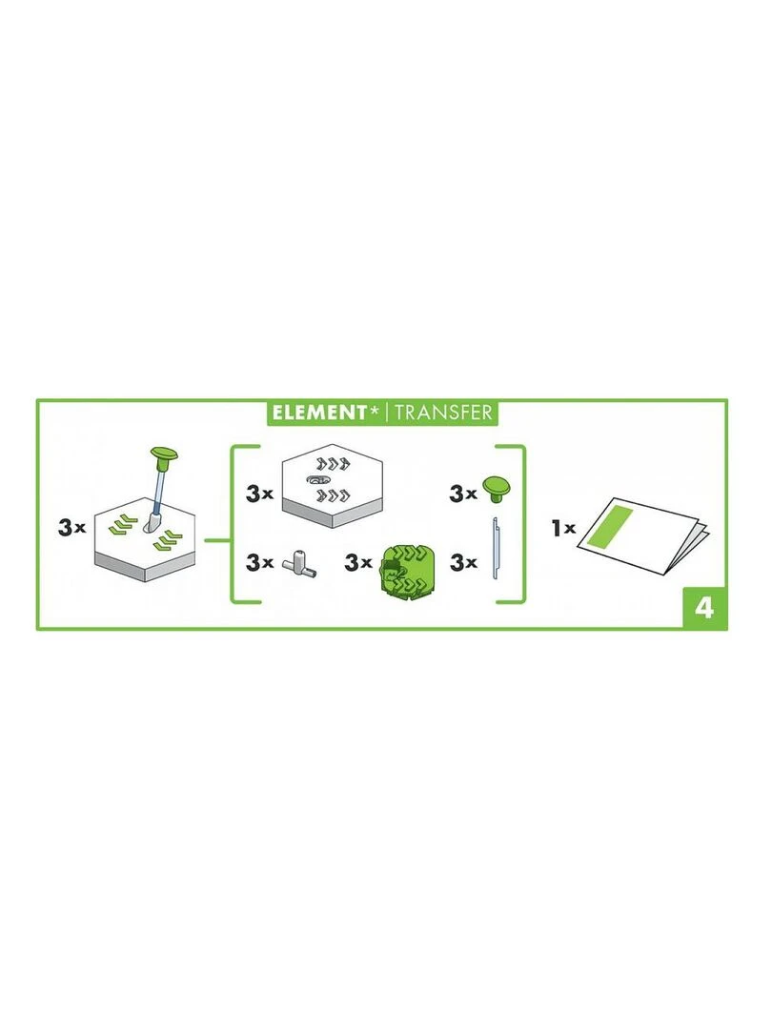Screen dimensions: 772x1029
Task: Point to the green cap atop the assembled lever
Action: click(164, 454)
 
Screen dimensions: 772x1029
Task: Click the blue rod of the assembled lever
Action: click(159, 490)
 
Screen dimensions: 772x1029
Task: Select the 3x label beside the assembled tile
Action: click(71, 527)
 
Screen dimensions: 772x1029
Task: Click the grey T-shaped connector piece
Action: click(300, 564)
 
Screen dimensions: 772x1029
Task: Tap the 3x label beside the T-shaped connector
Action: click(260, 562)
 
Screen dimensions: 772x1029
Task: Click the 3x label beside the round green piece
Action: click(358, 562)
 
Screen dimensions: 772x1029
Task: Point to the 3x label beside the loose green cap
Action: click(463, 494)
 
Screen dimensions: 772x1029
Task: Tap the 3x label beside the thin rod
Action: click(463, 562)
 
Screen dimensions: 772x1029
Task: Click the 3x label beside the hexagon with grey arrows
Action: click(260, 494)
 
